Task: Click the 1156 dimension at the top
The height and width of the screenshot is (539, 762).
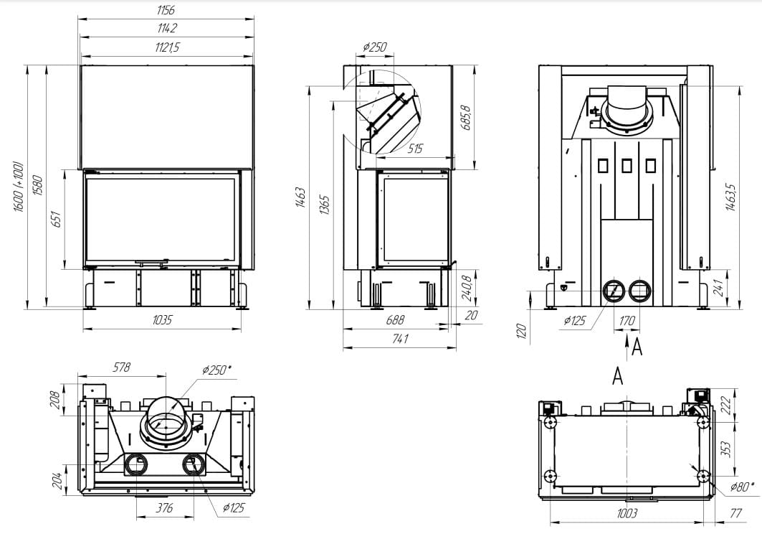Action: point(166,10)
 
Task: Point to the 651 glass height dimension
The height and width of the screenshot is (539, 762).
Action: point(56,219)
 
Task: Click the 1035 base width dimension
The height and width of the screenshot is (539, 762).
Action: point(162,319)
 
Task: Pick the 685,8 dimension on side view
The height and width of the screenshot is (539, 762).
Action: point(466,117)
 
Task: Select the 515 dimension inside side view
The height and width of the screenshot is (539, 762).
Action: point(414,149)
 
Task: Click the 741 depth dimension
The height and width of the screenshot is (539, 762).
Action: point(400,339)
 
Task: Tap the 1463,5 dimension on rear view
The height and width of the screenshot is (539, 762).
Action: point(730,197)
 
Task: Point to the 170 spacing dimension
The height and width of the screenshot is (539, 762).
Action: point(627,321)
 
